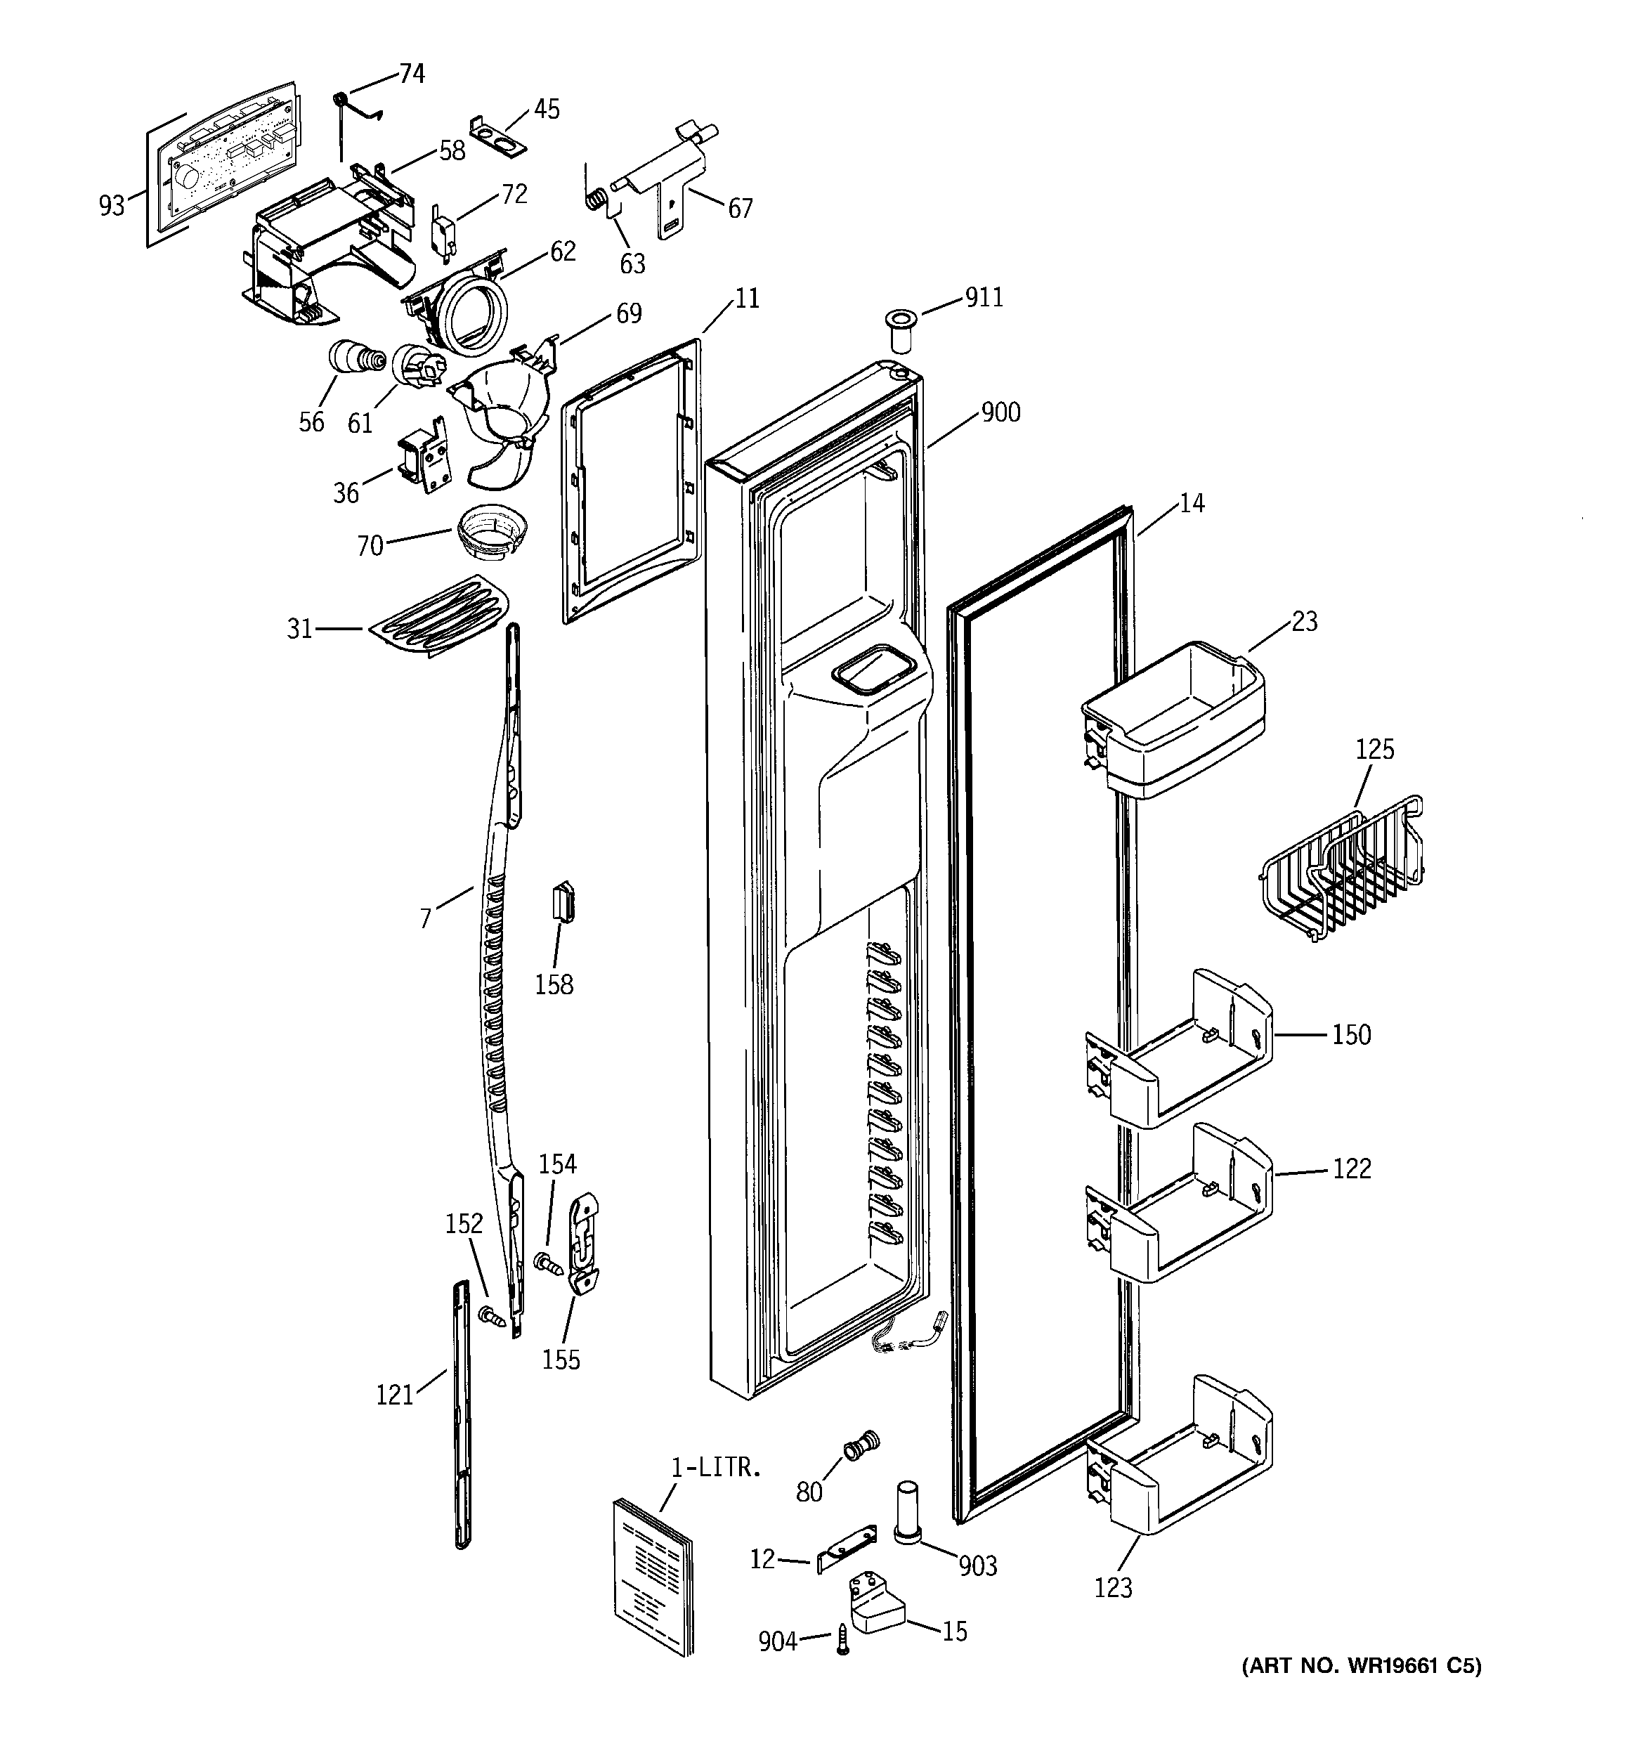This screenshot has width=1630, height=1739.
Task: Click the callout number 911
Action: point(984,299)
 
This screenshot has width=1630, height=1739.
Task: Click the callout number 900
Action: point(1000,412)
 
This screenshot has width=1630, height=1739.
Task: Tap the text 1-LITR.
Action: point(716,1467)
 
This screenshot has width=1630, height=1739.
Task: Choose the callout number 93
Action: point(111,207)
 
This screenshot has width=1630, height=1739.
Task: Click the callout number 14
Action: point(1191,503)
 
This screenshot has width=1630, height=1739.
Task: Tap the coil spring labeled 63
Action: point(595,200)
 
